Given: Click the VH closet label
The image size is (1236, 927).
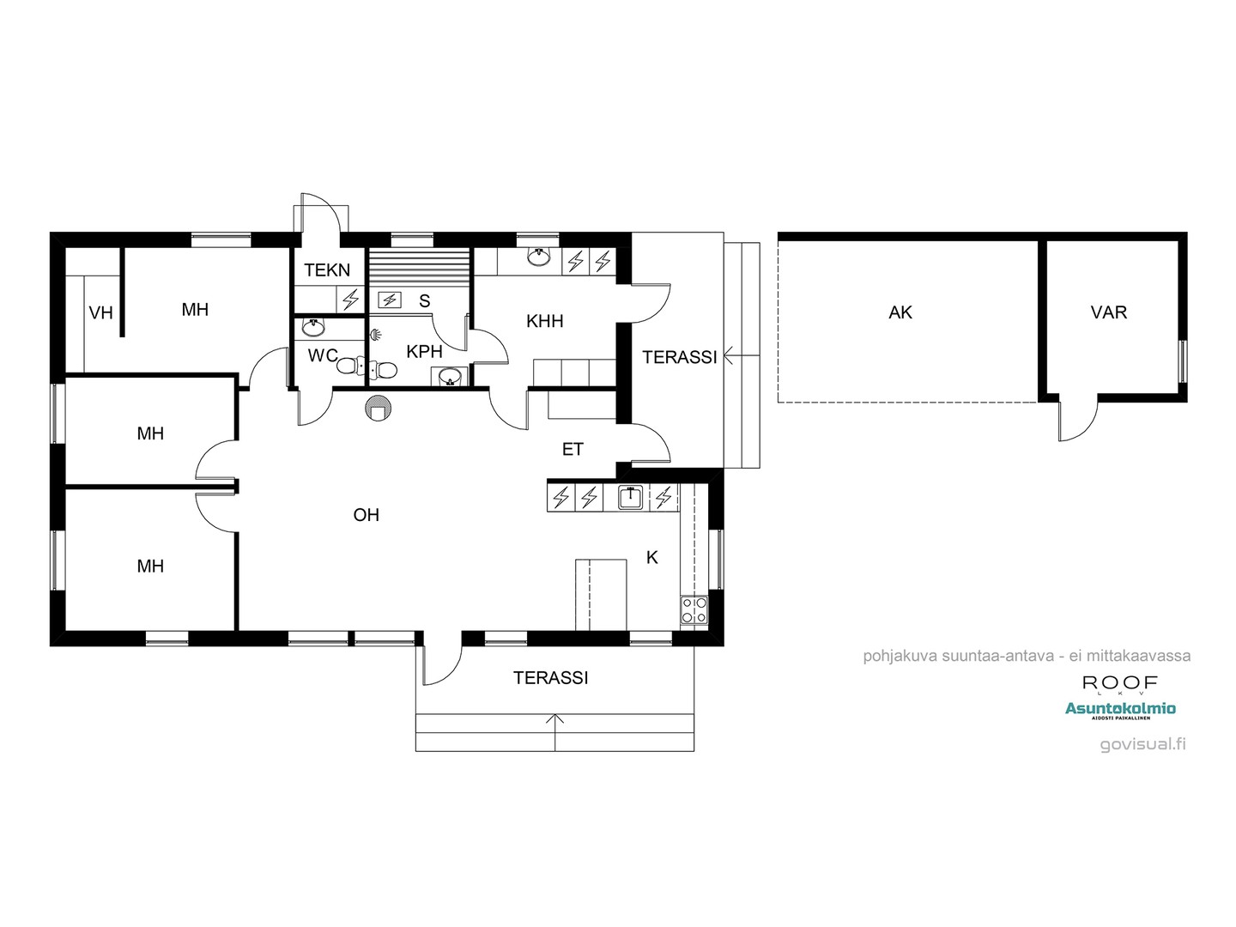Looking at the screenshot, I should (x=101, y=312).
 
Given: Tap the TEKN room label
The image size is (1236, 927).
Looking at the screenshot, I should (x=327, y=270).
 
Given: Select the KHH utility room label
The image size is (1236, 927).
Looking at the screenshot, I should (x=545, y=321).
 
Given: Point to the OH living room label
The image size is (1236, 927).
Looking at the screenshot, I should (x=367, y=515).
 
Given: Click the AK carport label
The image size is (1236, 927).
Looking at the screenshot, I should (x=900, y=312).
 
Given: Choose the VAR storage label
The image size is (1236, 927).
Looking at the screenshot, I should (x=1108, y=312).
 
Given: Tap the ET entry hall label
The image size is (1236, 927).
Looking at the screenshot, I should (x=573, y=449).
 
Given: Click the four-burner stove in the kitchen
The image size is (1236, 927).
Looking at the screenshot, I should (x=694, y=609).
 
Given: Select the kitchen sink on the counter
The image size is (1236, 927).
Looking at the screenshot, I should (x=631, y=496).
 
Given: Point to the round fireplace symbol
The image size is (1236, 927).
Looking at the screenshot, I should (x=377, y=409).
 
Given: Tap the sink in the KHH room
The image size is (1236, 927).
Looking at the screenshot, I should (x=539, y=257).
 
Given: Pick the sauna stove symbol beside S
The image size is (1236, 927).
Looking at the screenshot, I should (x=390, y=300).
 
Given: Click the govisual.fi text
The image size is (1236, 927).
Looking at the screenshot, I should (x=1142, y=743).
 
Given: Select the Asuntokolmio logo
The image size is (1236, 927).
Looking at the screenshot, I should (x=1120, y=710).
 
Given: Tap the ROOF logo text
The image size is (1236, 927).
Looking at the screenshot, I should (x=1120, y=683).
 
